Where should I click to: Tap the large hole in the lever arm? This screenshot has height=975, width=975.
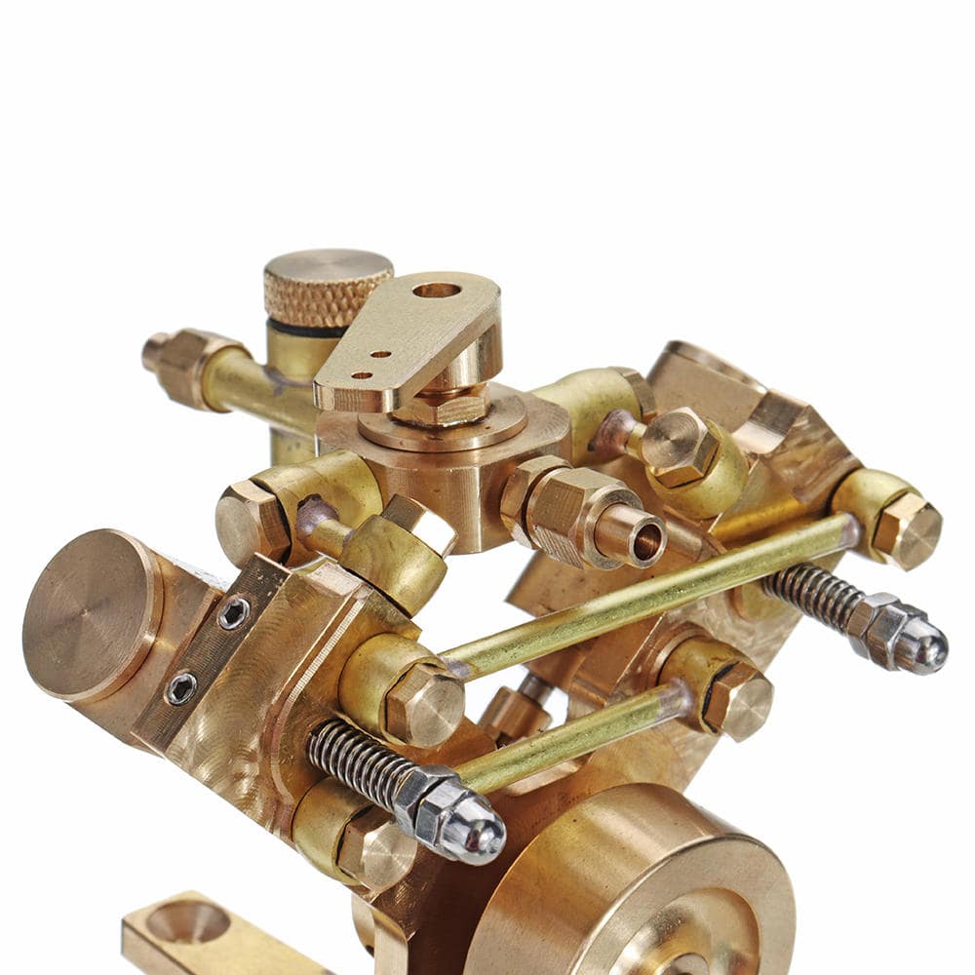[436, 290]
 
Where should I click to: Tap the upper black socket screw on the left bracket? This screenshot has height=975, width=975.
[233, 613]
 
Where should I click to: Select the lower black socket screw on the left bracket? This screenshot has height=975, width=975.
[181, 688]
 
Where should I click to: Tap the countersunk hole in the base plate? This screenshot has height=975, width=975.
[187, 921]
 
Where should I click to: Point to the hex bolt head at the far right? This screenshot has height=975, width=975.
[907, 529]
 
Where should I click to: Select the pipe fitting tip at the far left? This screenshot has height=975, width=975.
[155, 351]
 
